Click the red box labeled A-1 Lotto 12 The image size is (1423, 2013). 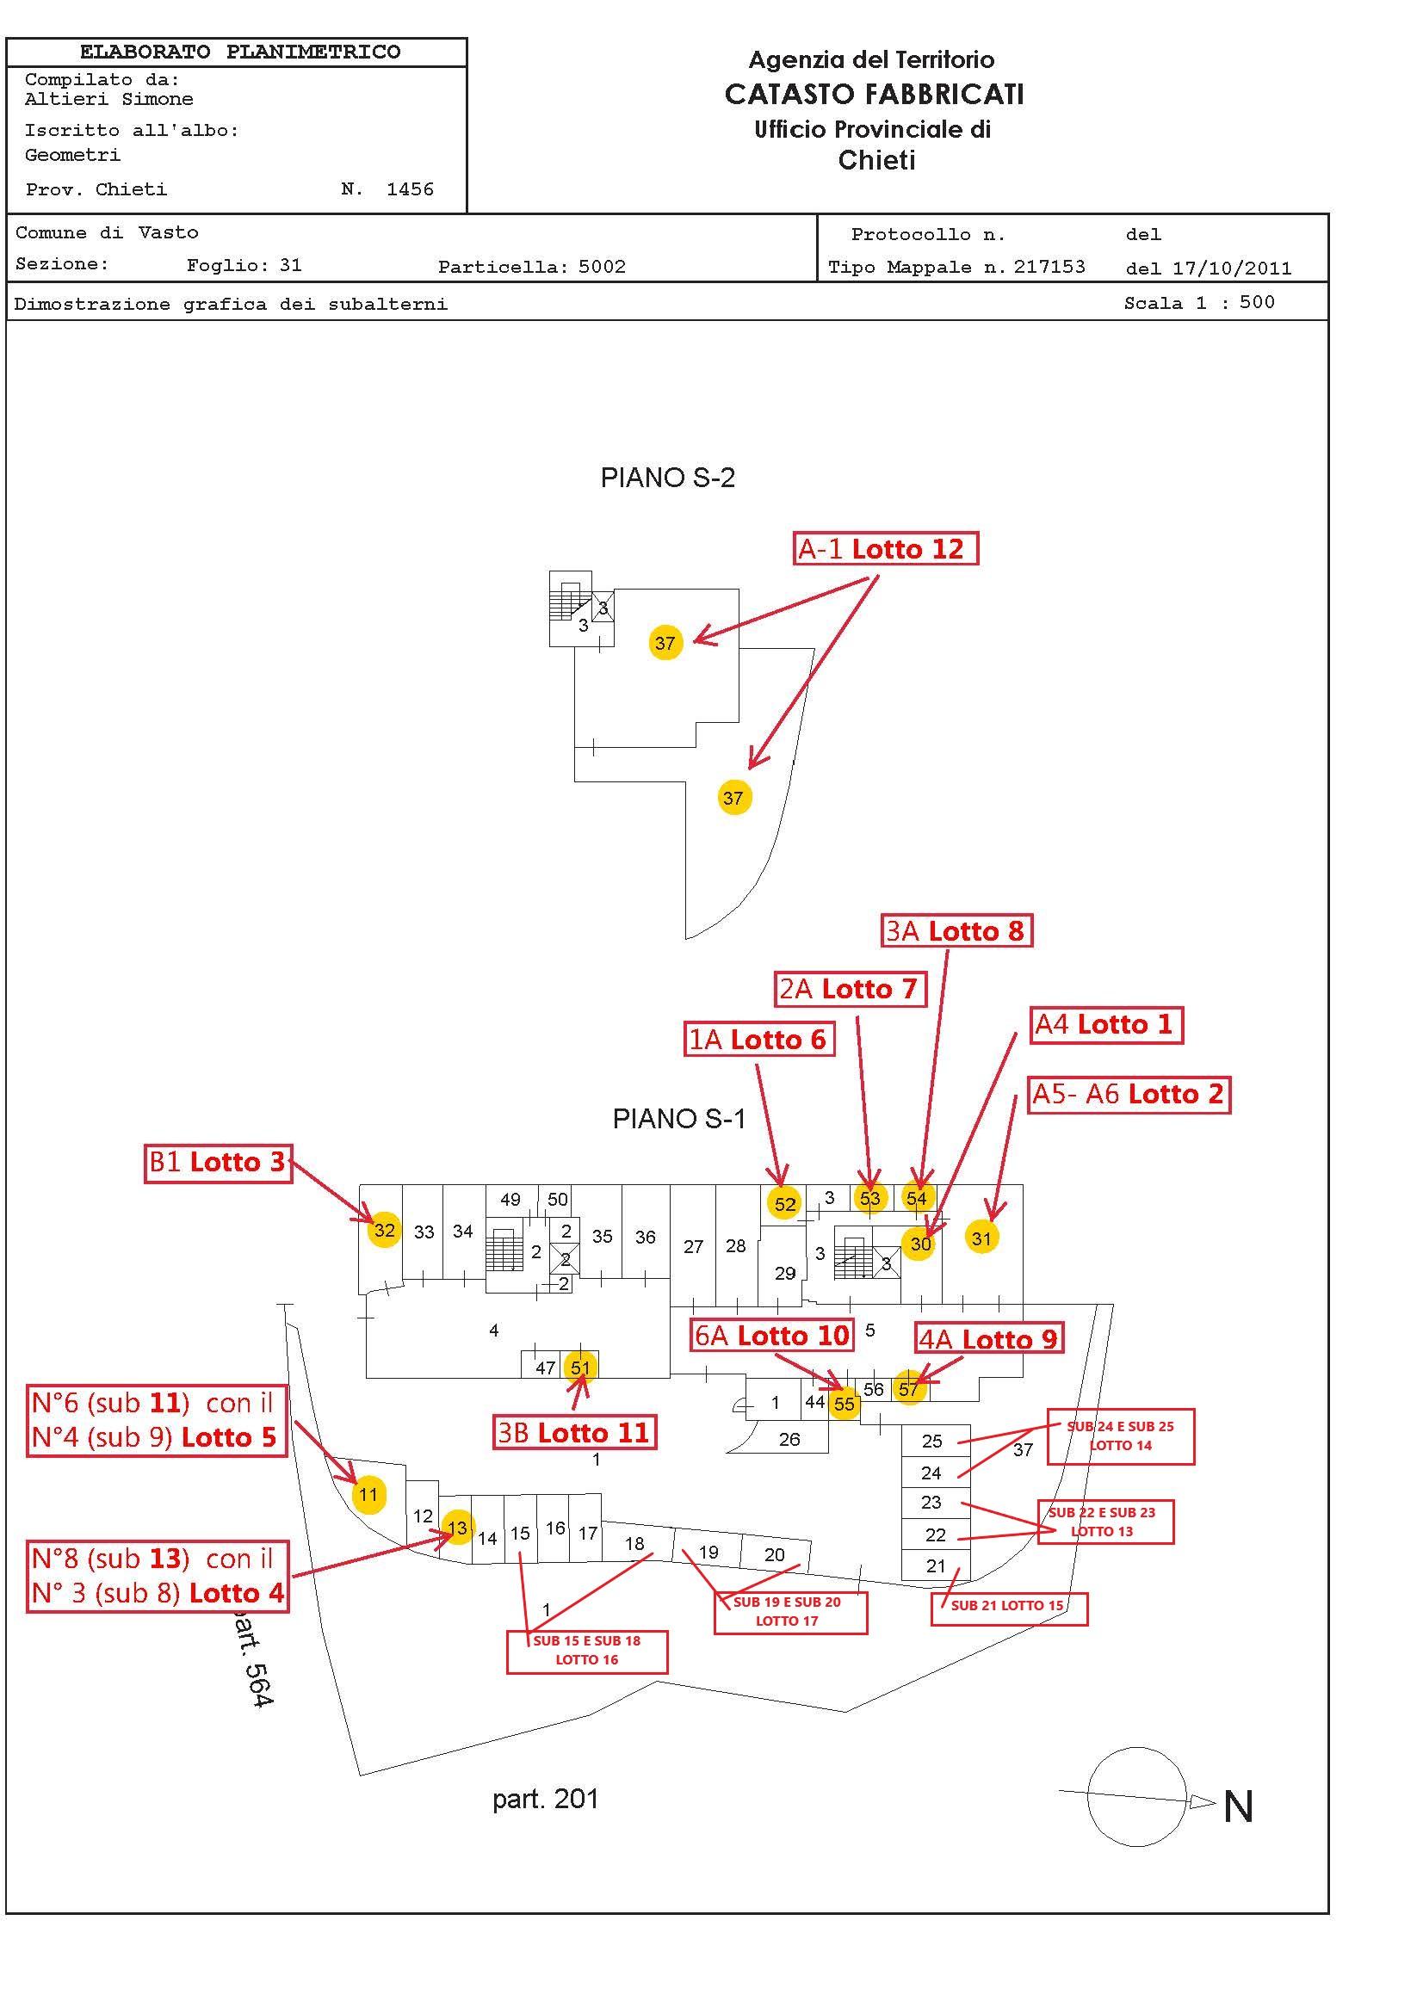pos(885,549)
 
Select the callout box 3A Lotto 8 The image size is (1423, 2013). pos(956,930)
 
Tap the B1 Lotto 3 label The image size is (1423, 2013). pos(219,1163)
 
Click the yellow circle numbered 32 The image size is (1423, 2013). pos(384,1230)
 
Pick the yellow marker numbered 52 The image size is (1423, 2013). pos(785,1204)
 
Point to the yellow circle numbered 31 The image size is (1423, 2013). pos(981,1238)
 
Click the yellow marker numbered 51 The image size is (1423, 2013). pos(580,1367)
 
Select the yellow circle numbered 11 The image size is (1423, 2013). pos(368,1495)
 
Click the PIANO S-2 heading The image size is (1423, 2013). pos(667,478)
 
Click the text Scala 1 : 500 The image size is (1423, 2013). pos(1198,303)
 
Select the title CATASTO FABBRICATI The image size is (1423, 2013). pos(873,95)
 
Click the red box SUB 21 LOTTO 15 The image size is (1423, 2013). pos(1008,1605)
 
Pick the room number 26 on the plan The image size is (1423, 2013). pos(789,1439)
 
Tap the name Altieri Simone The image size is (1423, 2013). pos(108,99)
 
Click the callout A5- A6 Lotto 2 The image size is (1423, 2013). pos(1129,1094)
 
